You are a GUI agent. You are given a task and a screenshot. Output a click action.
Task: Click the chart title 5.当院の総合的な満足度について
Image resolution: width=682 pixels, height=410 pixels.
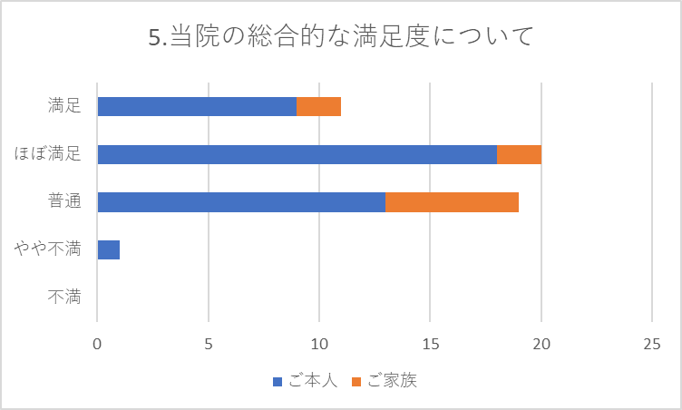[x=340, y=37]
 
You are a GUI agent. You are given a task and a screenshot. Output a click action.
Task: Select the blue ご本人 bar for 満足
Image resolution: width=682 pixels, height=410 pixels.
[x=197, y=106]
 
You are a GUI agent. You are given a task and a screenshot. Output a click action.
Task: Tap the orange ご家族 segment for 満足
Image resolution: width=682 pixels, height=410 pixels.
[x=319, y=106]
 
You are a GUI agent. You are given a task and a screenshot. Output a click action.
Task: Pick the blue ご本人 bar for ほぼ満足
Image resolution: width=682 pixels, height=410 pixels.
[x=297, y=154]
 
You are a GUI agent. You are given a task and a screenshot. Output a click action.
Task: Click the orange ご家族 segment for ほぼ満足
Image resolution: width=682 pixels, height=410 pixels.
[x=520, y=154]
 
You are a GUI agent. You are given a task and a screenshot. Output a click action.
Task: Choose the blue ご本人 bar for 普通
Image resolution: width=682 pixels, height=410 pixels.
[x=241, y=201]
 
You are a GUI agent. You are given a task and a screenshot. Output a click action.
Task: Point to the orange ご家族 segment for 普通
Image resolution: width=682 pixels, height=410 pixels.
[x=453, y=201]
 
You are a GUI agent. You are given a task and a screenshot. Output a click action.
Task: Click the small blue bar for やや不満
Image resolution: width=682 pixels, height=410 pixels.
[x=108, y=249]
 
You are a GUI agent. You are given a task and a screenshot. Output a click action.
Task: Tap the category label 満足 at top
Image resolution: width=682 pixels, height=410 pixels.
[x=65, y=106]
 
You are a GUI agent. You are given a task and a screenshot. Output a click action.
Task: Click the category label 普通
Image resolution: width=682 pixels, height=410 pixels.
[x=65, y=201]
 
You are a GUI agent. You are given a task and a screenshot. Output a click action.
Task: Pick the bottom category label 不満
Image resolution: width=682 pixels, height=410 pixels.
[x=65, y=297]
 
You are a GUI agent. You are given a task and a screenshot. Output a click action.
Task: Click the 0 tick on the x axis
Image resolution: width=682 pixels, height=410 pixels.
[x=97, y=345]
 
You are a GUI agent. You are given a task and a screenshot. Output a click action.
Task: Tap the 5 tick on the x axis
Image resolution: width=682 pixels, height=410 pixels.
[x=209, y=345]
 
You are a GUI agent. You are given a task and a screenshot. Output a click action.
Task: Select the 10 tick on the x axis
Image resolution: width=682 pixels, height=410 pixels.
[x=319, y=345]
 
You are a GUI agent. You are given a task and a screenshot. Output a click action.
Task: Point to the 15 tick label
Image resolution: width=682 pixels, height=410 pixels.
[x=431, y=345]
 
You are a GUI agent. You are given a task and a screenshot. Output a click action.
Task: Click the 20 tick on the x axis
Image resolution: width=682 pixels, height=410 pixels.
[x=541, y=345]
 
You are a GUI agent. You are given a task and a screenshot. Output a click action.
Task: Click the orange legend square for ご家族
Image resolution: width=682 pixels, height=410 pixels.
[x=357, y=382]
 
